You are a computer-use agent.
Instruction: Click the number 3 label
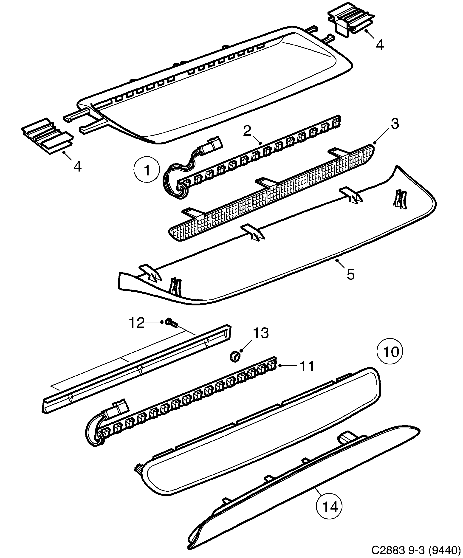tap(395, 124)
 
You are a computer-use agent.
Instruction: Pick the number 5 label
tap(350, 274)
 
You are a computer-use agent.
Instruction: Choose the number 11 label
tap(307, 366)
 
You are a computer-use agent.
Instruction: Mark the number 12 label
tap(137, 323)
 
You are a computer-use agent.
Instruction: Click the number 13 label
tap(261, 333)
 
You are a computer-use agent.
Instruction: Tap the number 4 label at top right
tap(380, 45)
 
